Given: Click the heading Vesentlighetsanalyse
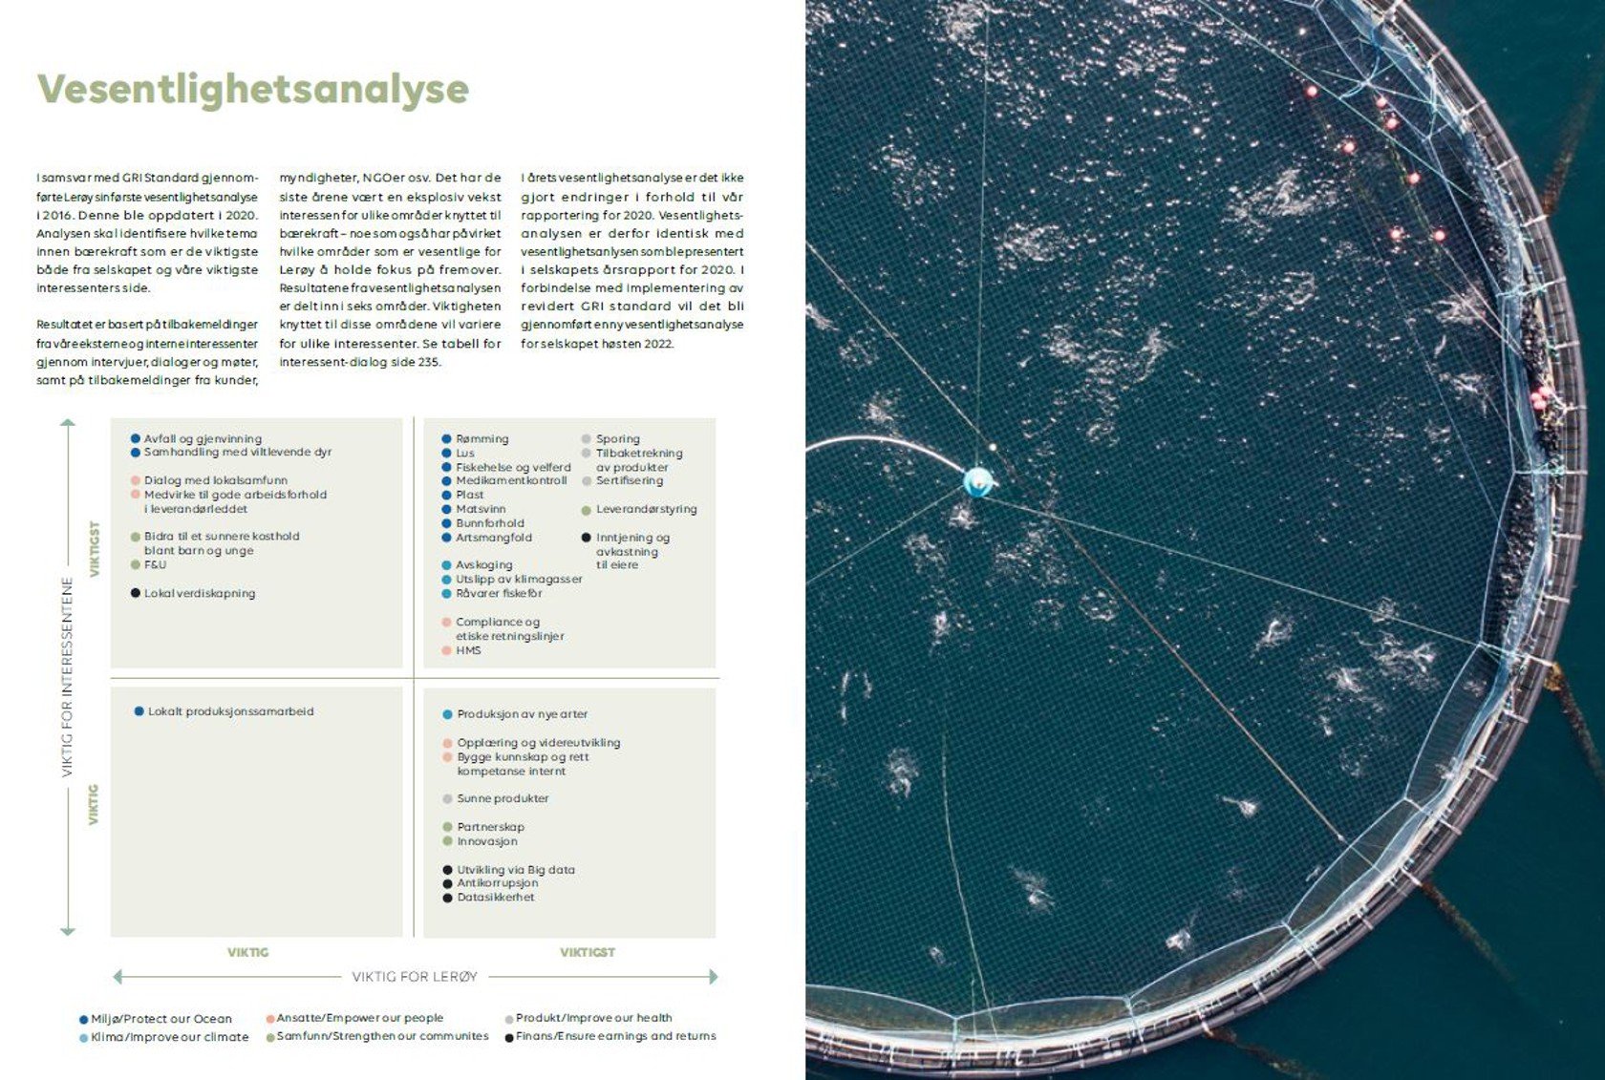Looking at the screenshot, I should click(253, 89).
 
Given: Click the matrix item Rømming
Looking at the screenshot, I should click(481, 439).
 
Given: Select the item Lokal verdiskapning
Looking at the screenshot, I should click(199, 593).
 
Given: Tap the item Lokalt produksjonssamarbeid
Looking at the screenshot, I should click(230, 711).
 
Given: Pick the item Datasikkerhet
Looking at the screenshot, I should click(495, 898).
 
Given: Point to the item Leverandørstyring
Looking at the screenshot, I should click(646, 510).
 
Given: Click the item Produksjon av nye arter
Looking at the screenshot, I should click(522, 714).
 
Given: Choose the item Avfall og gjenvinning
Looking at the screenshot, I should click(203, 439).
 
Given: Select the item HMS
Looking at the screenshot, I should click(468, 650).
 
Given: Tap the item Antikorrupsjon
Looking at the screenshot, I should click(497, 883).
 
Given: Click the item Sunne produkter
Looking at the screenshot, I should click(503, 798).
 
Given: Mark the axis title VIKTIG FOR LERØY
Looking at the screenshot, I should click(415, 977).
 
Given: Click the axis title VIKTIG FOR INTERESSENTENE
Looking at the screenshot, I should click(67, 676).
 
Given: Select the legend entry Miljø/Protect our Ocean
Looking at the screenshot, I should click(160, 1019).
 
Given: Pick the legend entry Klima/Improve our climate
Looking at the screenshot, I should click(169, 1037).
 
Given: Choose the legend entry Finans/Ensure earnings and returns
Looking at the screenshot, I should click(615, 1036).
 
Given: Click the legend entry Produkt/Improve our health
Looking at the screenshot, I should click(593, 1018).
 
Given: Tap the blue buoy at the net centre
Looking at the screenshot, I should click(976, 481).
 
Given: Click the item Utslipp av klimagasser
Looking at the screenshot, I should click(518, 580).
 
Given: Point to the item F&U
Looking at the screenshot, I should click(155, 565).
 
